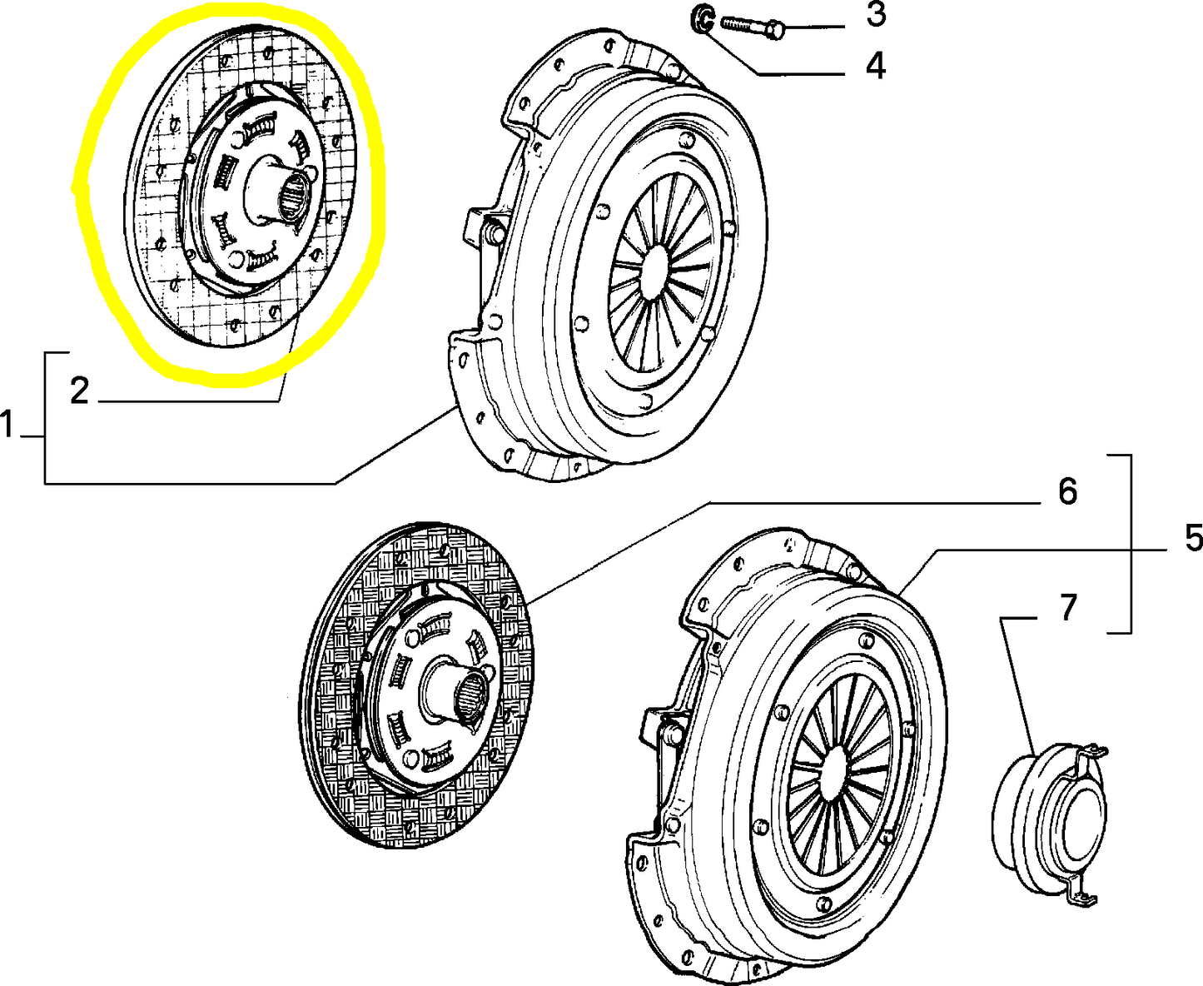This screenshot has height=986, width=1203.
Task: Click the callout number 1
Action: click(7, 425)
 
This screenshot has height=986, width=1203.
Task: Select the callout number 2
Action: click(79, 390)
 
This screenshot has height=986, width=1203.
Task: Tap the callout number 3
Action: click(875, 15)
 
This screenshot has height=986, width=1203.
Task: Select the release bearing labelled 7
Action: click(1051, 808)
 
